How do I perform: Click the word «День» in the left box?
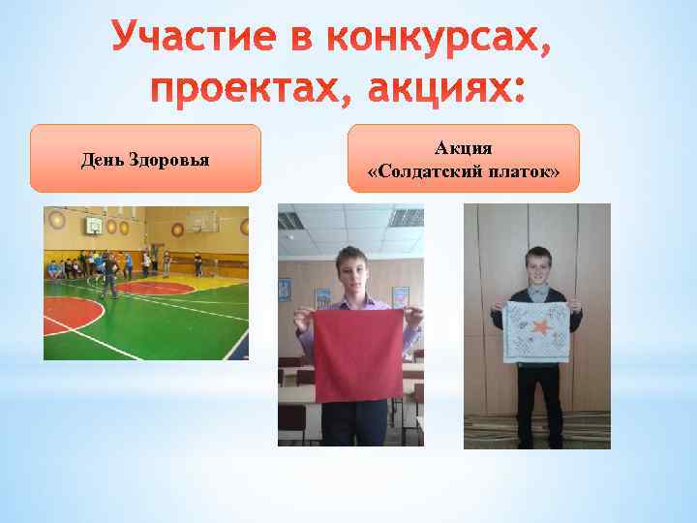[102, 159]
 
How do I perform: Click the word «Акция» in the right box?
[463, 148]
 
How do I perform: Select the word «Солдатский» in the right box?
[425, 172]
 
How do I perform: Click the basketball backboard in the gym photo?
[92, 227]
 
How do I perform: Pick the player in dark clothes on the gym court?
[111, 277]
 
